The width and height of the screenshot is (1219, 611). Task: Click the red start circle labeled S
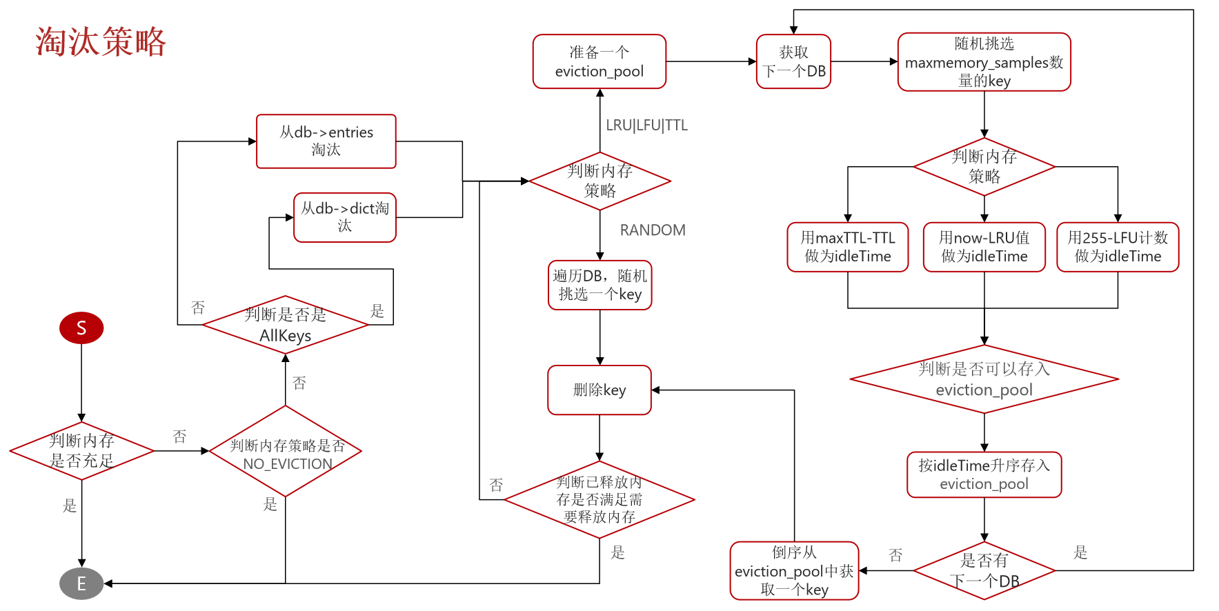(81, 328)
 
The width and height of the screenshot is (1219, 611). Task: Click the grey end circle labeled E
(81, 583)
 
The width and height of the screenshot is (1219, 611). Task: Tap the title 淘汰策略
(101, 41)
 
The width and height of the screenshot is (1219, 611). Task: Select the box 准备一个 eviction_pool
(599, 61)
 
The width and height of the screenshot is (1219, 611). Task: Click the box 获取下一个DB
(793, 61)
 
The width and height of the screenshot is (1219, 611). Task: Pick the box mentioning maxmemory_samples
(984, 62)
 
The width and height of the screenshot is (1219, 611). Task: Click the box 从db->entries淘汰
(326, 141)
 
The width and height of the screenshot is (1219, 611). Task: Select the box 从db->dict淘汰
(345, 217)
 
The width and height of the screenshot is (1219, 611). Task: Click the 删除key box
(599, 390)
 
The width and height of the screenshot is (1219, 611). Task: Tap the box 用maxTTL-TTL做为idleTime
(848, 247)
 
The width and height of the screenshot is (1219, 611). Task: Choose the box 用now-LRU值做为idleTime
(984, 247)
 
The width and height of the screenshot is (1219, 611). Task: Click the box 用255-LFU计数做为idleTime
(1118, 247)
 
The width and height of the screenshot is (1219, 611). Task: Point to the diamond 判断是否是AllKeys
(286, 325)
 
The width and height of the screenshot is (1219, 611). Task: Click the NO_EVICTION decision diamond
(286, 451)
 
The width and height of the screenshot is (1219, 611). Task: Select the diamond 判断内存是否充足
(81, 451)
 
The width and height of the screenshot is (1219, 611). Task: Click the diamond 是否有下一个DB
(984, 570)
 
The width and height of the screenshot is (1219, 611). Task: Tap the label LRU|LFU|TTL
(646, 125)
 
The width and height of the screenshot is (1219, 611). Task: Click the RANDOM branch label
(653, 230)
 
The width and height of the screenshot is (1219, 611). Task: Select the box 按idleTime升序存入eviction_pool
(984, 474)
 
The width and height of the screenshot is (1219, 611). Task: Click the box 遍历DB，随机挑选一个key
(600, 285)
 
